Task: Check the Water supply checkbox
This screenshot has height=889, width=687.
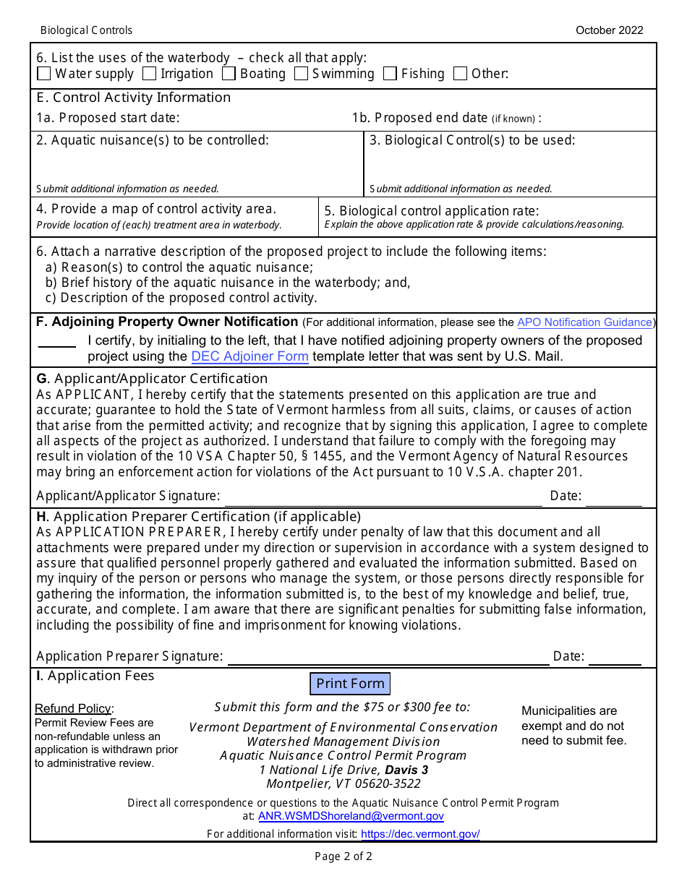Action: [44, 74]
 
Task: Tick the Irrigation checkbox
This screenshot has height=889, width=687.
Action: [150, 74]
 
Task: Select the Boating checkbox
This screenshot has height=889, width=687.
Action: [229, 74]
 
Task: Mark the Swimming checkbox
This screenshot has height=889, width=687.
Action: [302, 74]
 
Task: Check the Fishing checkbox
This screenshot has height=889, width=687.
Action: [391, 74]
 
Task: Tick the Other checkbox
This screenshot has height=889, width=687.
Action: [461, 74]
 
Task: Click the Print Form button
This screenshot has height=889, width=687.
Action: [350, 684]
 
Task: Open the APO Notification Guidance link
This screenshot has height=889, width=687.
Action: [584, 322]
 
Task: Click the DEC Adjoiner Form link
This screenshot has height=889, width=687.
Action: [249, 356]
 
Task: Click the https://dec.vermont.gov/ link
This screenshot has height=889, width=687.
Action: [420, 834]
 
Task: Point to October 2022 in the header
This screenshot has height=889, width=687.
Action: [609, 30]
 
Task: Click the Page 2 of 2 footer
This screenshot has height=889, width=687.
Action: [343, 857]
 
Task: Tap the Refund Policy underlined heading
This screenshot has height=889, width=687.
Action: [73, 708]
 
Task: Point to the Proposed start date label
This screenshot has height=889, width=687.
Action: [108, 118]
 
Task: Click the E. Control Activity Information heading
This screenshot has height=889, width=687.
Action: [134, 98]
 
